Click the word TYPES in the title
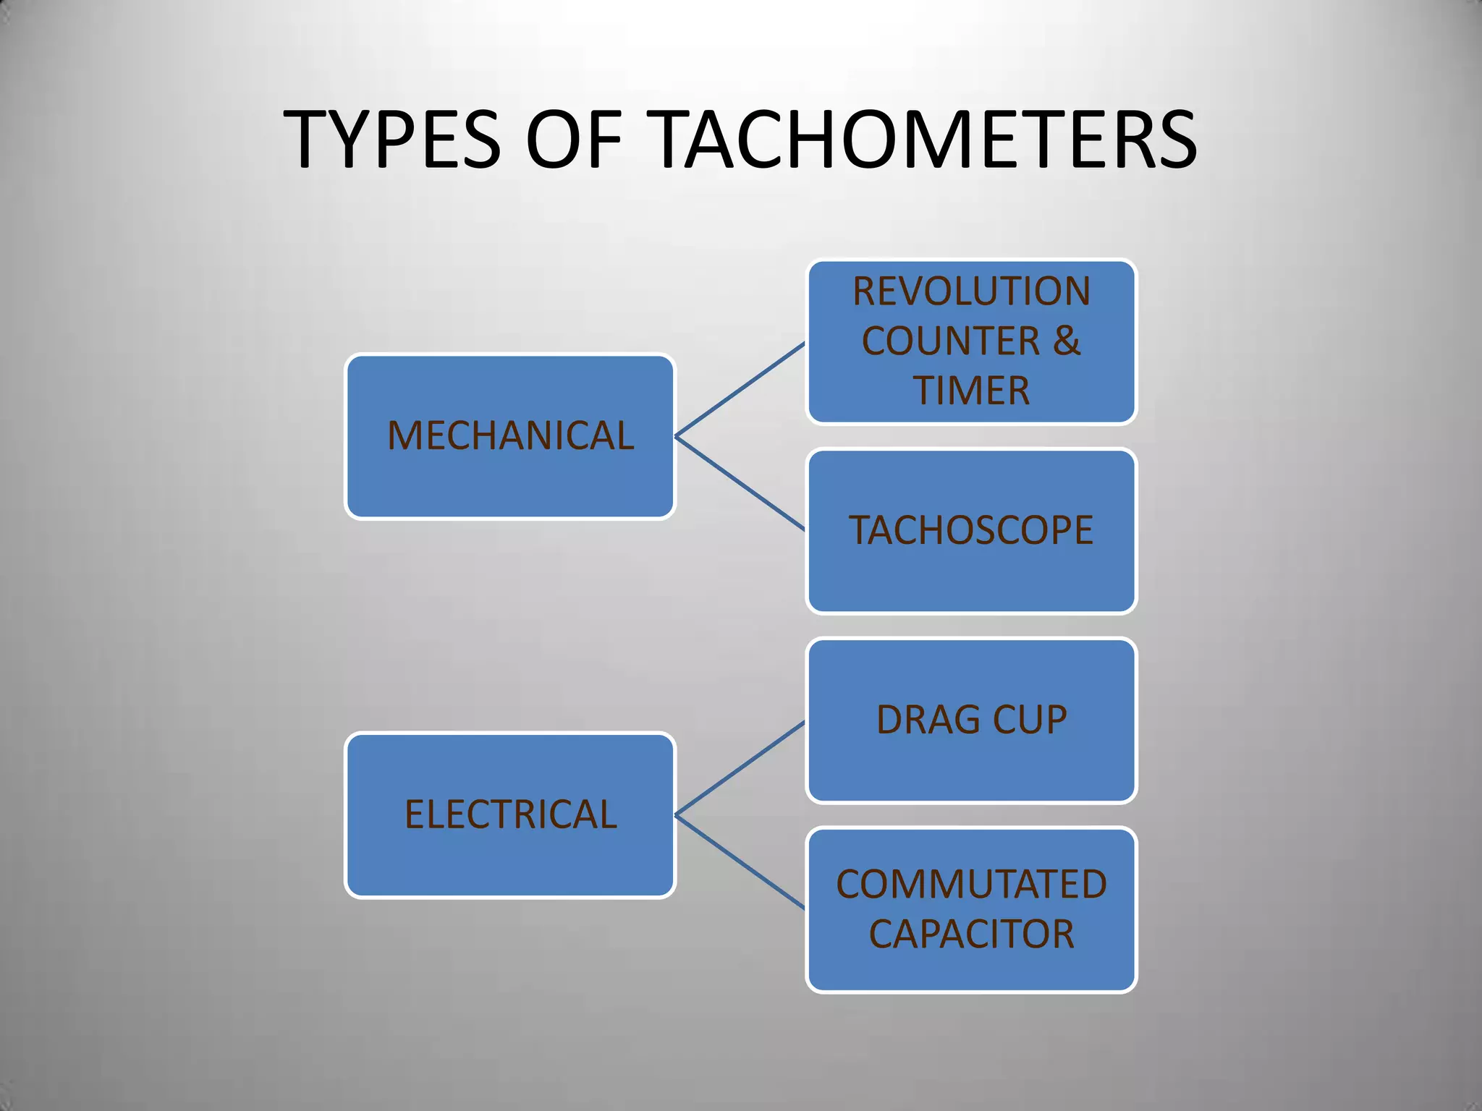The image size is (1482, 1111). (391, 139)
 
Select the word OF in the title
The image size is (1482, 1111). (574, 139)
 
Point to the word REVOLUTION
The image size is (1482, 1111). (971, 291)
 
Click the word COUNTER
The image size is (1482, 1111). (951, 341)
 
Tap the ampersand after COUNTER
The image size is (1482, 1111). (1067, 341)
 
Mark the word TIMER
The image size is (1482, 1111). (971, 391)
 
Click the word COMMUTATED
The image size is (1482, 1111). (971, 885)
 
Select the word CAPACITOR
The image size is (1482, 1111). (971, 935)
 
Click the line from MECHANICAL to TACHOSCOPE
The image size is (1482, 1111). (740, 483)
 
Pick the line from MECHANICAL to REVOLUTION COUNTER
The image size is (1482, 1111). (740, 390)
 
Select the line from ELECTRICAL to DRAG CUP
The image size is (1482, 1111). (740, 768)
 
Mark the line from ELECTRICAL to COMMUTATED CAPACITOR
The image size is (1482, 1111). (740, 862)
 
